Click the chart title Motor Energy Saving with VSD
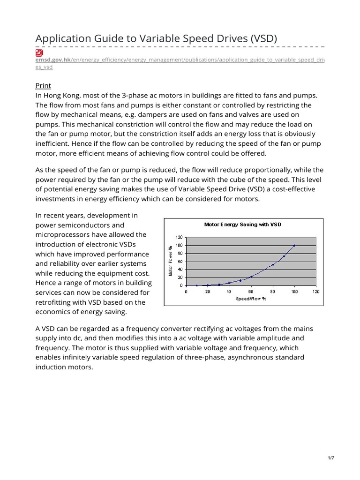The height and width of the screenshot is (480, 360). pos(243,225)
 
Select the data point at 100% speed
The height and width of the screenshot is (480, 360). pos(294,245)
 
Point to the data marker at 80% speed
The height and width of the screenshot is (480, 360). pos(273,264)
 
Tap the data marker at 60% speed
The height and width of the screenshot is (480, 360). pos(251,277)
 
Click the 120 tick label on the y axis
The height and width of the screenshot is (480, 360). pos(179,238)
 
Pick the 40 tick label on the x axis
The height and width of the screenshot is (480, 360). pos(229,292)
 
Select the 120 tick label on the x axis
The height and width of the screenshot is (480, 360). pos(316,292)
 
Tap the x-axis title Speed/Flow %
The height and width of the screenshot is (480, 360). pos(251,299)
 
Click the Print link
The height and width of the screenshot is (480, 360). pos(43,85)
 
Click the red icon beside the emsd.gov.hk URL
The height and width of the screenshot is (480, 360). pos(39,52)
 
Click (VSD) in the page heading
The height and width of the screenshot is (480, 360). pos(260,39)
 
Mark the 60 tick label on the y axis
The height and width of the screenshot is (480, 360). pos(180,262)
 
